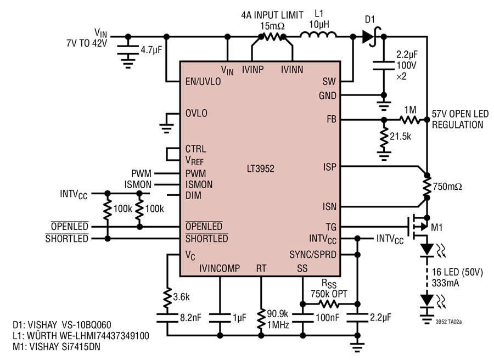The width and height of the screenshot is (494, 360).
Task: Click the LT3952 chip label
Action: pyautogui.click(x=261, y=168)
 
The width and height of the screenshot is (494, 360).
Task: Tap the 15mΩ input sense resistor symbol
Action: pyautogui.click(x=272, y=37)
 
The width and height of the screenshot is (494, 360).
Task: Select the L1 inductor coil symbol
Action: pyautogui.click(x=318, y=35)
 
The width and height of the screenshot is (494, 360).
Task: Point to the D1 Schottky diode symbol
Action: pyautogui.click(x=371, y=37)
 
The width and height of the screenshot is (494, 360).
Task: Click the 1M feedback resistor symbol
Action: pyautogui.click(x=409, y=120)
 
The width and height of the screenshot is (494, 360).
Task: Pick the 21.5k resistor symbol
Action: pyautogui.click(x=384, y=138)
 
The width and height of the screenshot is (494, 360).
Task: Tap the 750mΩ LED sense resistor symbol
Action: pyautogui.click(x=427, y=187)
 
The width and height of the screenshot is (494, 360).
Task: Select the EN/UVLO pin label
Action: pyautogui.click(x=203, y=82)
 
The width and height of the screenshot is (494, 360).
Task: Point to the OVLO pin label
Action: pyautogui.click(x=197, y=113)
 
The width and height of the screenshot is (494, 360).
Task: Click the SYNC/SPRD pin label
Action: pyautogui.click(x=313, y=254)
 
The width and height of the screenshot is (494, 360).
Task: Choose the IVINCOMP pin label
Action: pyautogui.click(x=220, y=268)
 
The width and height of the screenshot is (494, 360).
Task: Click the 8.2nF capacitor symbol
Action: pyautogui.click(x=167, y=318)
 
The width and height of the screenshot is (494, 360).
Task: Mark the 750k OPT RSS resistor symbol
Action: pyautogui.click(x=329, y=304)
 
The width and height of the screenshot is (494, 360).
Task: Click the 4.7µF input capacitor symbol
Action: pyautogui.click(x=128, y=50)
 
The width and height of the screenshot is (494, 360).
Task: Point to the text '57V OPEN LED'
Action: pyautogui.click(x=460, y=114)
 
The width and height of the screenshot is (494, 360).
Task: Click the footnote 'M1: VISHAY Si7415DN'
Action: pyautogui.click(x=57, y=347)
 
